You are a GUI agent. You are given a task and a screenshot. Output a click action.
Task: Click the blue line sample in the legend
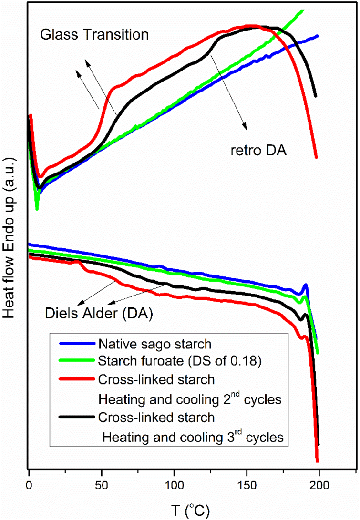click(76, 342)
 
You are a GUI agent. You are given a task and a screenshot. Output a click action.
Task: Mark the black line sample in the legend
click(76, 418)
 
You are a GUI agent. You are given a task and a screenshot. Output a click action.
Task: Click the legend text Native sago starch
click(146, 343)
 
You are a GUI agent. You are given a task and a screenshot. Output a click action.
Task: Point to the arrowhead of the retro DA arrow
click(246, 128)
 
